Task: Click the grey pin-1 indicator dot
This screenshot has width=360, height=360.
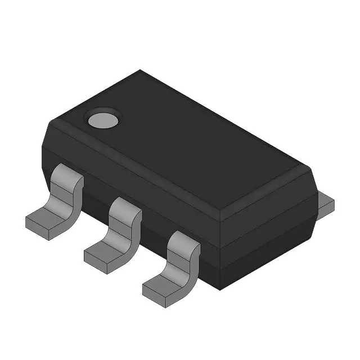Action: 102,119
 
